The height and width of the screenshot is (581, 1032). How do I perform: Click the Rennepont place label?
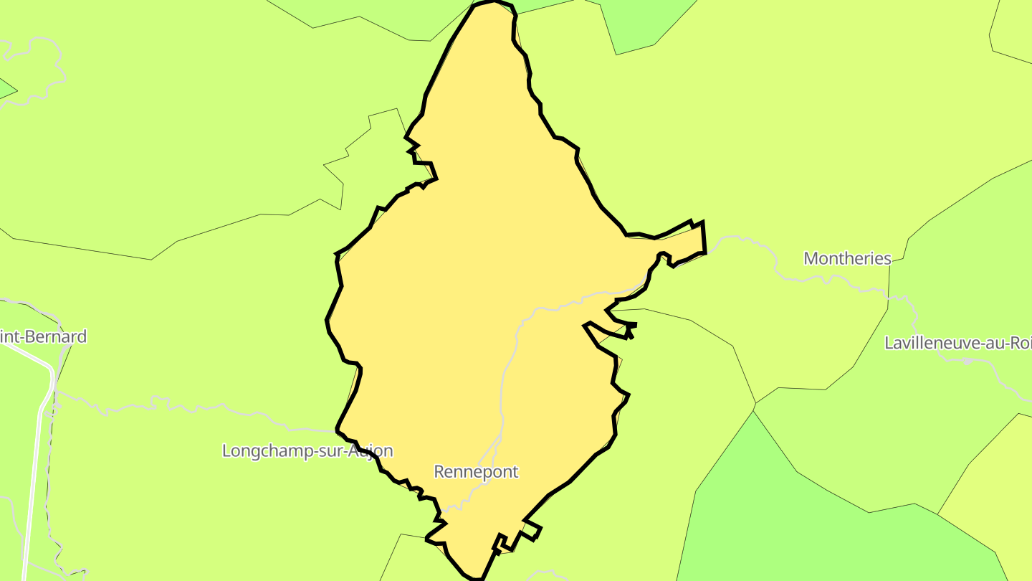pos(476,472)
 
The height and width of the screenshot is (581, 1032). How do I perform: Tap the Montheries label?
pos(847,259)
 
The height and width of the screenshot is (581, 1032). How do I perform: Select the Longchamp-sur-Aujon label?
pos(307,451)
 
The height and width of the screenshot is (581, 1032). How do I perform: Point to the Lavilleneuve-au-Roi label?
pos(957,343)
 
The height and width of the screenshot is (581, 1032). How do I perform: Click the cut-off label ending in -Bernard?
pos(43,336)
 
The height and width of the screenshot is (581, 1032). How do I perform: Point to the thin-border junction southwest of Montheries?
pos(755,404)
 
